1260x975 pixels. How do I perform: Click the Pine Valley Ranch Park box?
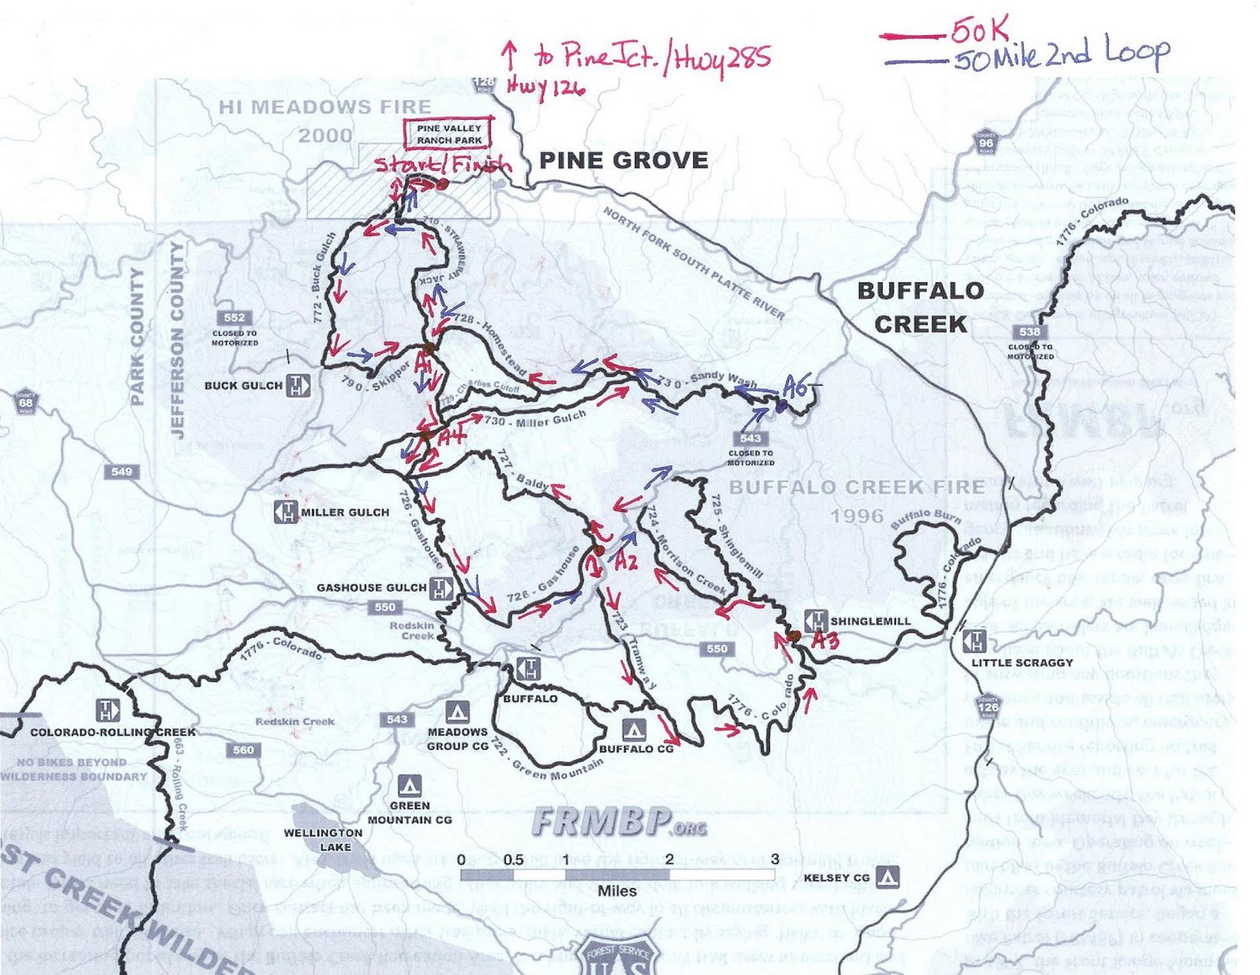[449, 134]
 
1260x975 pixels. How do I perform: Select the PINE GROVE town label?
[623, 161]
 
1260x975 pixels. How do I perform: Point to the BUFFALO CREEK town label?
[921, 307]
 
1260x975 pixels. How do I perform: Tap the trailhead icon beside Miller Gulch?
[284, 512]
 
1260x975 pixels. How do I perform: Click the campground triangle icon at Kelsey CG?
[888, 877]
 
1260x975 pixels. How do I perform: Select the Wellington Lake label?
[323, 840]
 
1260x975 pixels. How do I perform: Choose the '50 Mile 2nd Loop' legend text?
[1060, 55]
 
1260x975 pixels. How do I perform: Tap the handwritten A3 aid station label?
[825, 640]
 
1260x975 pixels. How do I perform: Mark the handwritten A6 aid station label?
[795, 387]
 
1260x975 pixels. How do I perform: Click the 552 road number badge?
[234, 317]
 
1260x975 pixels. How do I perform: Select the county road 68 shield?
[26, 402]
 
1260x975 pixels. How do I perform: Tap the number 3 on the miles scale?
[774, 859]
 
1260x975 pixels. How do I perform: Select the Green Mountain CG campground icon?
[408, 785]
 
